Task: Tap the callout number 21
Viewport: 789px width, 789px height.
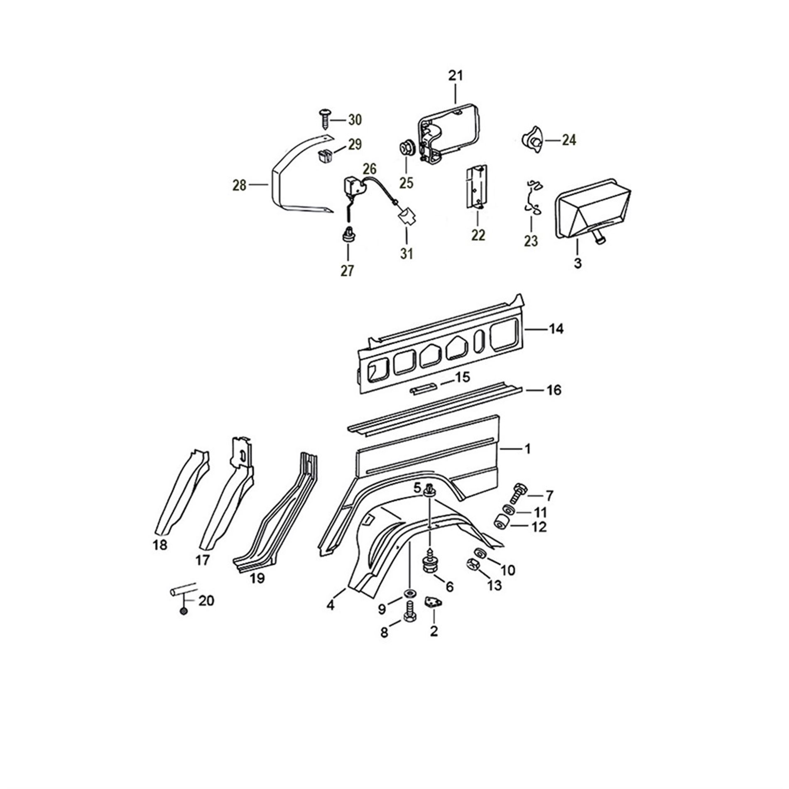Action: click(x=455, y=76)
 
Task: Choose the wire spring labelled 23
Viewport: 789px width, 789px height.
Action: click(x=533, y=198)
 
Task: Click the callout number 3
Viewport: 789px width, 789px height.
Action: click(x=578, y=263)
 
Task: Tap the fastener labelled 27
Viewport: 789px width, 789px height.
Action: click(x=347, y=234)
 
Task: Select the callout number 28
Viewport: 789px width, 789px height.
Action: click(x=240, y=185)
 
